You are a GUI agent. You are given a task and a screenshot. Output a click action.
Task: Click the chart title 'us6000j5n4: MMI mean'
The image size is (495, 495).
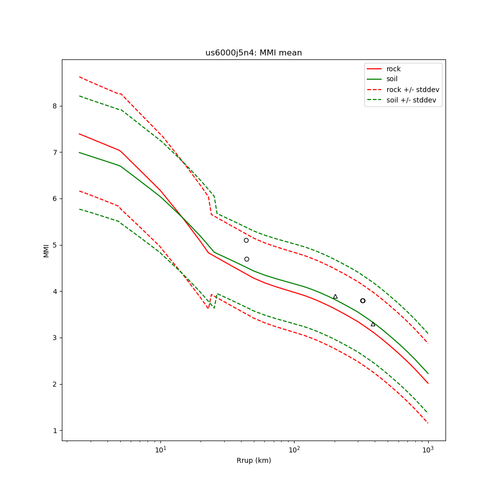(253, 53)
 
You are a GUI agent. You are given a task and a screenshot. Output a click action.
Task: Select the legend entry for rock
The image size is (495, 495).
(394, 69)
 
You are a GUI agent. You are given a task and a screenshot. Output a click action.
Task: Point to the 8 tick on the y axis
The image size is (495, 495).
(55, 106)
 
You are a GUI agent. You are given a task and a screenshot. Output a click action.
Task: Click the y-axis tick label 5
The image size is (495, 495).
(55, 245)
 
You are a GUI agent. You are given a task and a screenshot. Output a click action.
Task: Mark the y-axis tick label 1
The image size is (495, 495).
(55, 431)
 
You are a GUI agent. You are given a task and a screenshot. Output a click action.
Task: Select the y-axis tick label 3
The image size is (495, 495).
(55, 338)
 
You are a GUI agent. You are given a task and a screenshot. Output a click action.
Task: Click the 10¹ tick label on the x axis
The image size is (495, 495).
(160, 450)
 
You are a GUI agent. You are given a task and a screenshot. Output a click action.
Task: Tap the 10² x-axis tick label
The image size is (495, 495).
(294, 450)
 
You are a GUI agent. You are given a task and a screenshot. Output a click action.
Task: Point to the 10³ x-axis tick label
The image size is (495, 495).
(428, 450)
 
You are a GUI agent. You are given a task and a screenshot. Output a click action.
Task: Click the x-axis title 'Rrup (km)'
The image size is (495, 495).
(253, 461)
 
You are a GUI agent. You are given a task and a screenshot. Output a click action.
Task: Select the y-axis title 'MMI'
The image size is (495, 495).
(46, 250)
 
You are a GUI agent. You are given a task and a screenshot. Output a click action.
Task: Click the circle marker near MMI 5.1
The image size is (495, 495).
(246, 240)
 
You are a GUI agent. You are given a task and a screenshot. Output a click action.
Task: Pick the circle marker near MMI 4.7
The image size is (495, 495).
(247, 259)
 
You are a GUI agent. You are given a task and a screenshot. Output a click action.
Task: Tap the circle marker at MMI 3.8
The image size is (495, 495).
(363, 300)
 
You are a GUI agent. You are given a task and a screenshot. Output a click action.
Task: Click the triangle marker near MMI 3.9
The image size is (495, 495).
(335, 297)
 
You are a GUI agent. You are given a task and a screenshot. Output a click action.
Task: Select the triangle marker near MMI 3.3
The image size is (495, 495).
(373, 324)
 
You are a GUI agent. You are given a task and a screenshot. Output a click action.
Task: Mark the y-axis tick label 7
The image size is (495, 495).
(55, 152)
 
